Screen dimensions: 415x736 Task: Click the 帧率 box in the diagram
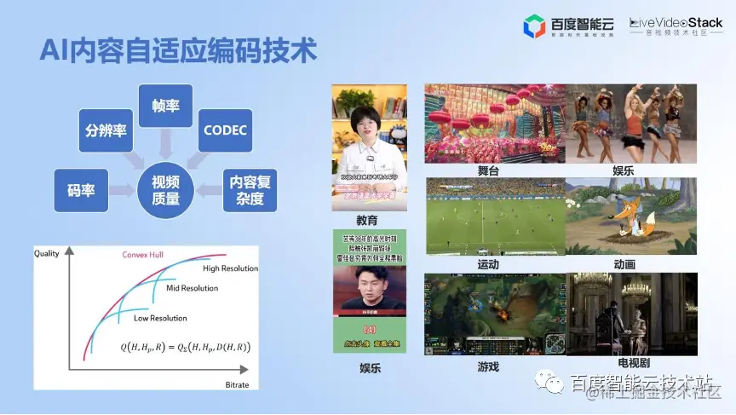[165, 106]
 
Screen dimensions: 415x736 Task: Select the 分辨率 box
[106, 130]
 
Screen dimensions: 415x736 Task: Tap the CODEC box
[226, 130]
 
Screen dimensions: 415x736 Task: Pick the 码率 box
[81, 189]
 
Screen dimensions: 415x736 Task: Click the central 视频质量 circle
[165, 190]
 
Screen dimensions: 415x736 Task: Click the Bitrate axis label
[238, 385]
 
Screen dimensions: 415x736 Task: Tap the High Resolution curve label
[230, 268]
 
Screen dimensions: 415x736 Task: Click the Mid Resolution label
[192, 288]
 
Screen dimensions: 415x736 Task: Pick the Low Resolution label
[160, 318]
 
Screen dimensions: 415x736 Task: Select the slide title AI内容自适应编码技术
[178, 49]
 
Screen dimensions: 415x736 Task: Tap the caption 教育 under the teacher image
[367, 220]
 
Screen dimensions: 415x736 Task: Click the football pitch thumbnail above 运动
[494, 216]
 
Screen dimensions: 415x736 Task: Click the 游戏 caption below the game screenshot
[488, 366]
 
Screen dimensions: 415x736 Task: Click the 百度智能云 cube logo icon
[534, 26]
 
